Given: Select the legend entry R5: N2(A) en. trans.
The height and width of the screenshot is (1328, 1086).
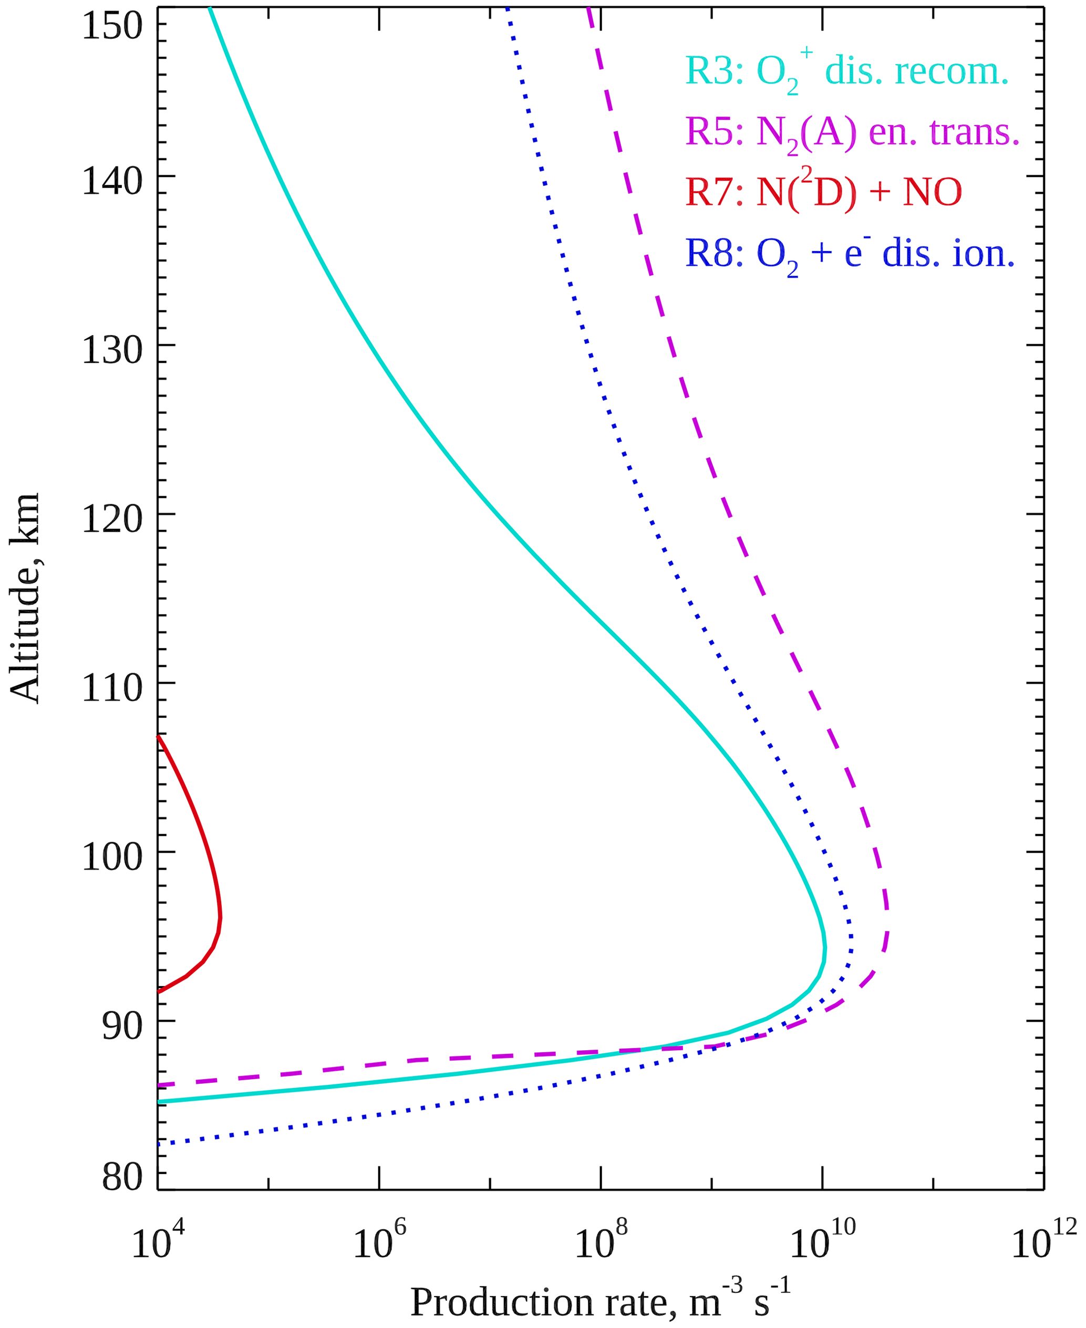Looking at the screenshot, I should [x=853, y=132].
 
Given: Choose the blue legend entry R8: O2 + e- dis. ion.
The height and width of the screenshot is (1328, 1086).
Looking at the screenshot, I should [x=850, y=253].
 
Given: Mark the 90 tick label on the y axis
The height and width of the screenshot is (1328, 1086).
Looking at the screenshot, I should [x=122, y=1026].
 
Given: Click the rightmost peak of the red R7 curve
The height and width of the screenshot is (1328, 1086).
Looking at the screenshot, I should [x=220, y=917].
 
